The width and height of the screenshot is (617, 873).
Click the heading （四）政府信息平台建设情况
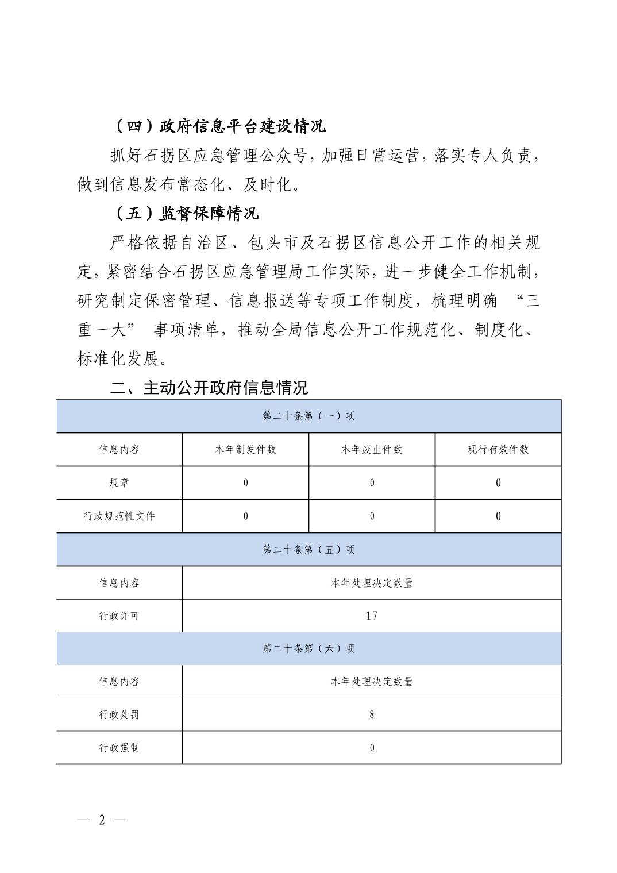219,126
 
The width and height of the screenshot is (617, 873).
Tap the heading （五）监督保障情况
185,214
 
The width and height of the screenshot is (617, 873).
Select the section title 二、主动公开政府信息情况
209,388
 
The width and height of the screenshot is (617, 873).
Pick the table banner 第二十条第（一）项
308,416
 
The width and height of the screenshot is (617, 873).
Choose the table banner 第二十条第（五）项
308,550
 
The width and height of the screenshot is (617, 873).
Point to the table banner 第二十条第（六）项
308,648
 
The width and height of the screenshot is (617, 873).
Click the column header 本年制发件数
245,449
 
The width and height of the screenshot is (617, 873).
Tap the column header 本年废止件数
372,449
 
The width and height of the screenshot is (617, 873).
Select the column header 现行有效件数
498,449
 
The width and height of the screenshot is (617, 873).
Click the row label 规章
119,482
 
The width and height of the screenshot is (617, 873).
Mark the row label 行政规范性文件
119,516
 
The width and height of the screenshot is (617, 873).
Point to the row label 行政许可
119,616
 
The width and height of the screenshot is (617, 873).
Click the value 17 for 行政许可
372,616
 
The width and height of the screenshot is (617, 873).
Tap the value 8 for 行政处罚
372,714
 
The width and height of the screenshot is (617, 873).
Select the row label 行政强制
119,748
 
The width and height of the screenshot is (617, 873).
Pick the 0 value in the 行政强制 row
372,748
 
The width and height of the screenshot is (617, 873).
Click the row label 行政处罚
119,714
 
